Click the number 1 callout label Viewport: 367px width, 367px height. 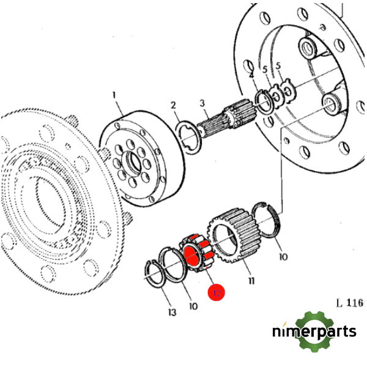tap(113, 95)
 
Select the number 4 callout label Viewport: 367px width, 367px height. tap(251, 75)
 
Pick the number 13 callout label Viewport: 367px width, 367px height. tap(171, 313)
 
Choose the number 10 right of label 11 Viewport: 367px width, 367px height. tap(283, 258)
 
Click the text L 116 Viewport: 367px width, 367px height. tap(349, 302)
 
